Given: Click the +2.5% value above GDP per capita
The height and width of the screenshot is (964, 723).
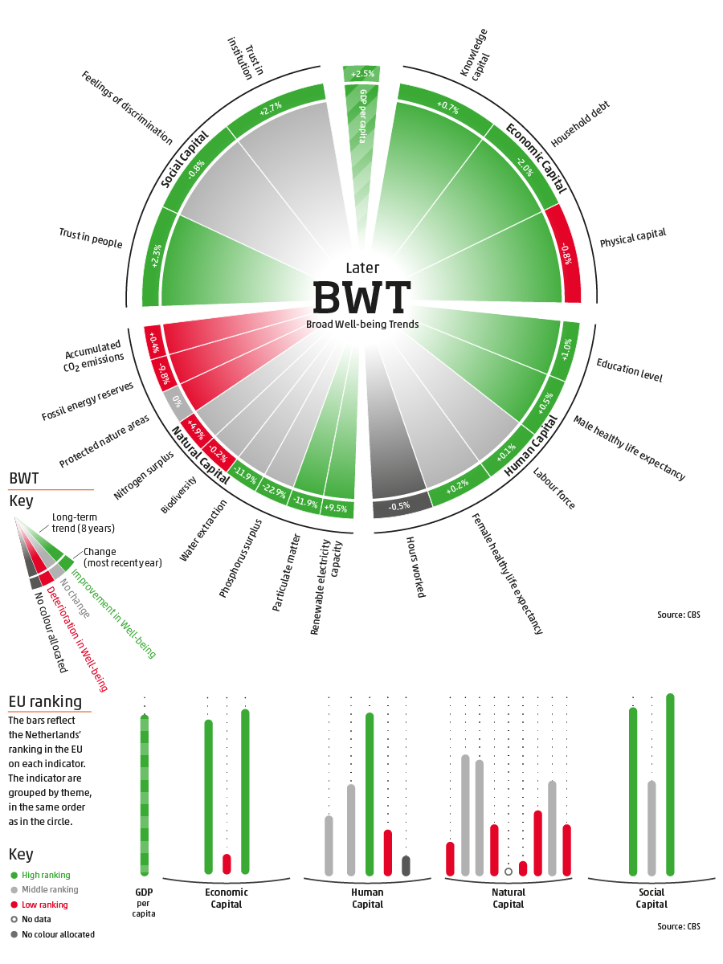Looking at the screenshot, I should tap(362, 74).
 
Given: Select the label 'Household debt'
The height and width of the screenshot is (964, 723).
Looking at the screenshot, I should tap(581, 125).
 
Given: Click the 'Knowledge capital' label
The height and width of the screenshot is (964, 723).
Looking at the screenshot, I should tap(475, 53).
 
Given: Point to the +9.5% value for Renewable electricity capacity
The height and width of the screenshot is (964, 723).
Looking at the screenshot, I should tap(338, 508).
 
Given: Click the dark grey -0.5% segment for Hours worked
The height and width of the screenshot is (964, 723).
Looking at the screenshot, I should tap(399, 506).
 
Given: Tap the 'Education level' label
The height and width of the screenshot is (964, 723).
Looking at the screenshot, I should tap(628, 370).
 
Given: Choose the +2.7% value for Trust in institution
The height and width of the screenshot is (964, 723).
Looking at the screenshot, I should tap(271, 111).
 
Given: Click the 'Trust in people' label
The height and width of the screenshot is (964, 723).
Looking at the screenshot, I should tap(91, 237).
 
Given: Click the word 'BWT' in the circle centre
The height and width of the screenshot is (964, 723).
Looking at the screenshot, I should tap(361, 296).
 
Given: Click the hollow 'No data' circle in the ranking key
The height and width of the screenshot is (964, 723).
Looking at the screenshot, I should tap(14, 919).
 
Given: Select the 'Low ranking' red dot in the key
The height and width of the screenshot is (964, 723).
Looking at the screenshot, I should tap(14, 905).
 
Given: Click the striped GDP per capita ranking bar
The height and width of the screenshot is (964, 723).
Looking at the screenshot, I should tap(144, 794).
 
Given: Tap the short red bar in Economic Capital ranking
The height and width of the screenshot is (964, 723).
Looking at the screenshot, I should tap(227, 864).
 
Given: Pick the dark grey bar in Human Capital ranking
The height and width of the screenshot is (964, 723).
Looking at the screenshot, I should tap(406, 865).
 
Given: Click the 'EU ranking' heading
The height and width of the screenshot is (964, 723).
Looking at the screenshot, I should tap(45, 701).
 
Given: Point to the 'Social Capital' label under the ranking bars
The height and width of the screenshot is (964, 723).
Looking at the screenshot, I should tap(652, 898).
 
